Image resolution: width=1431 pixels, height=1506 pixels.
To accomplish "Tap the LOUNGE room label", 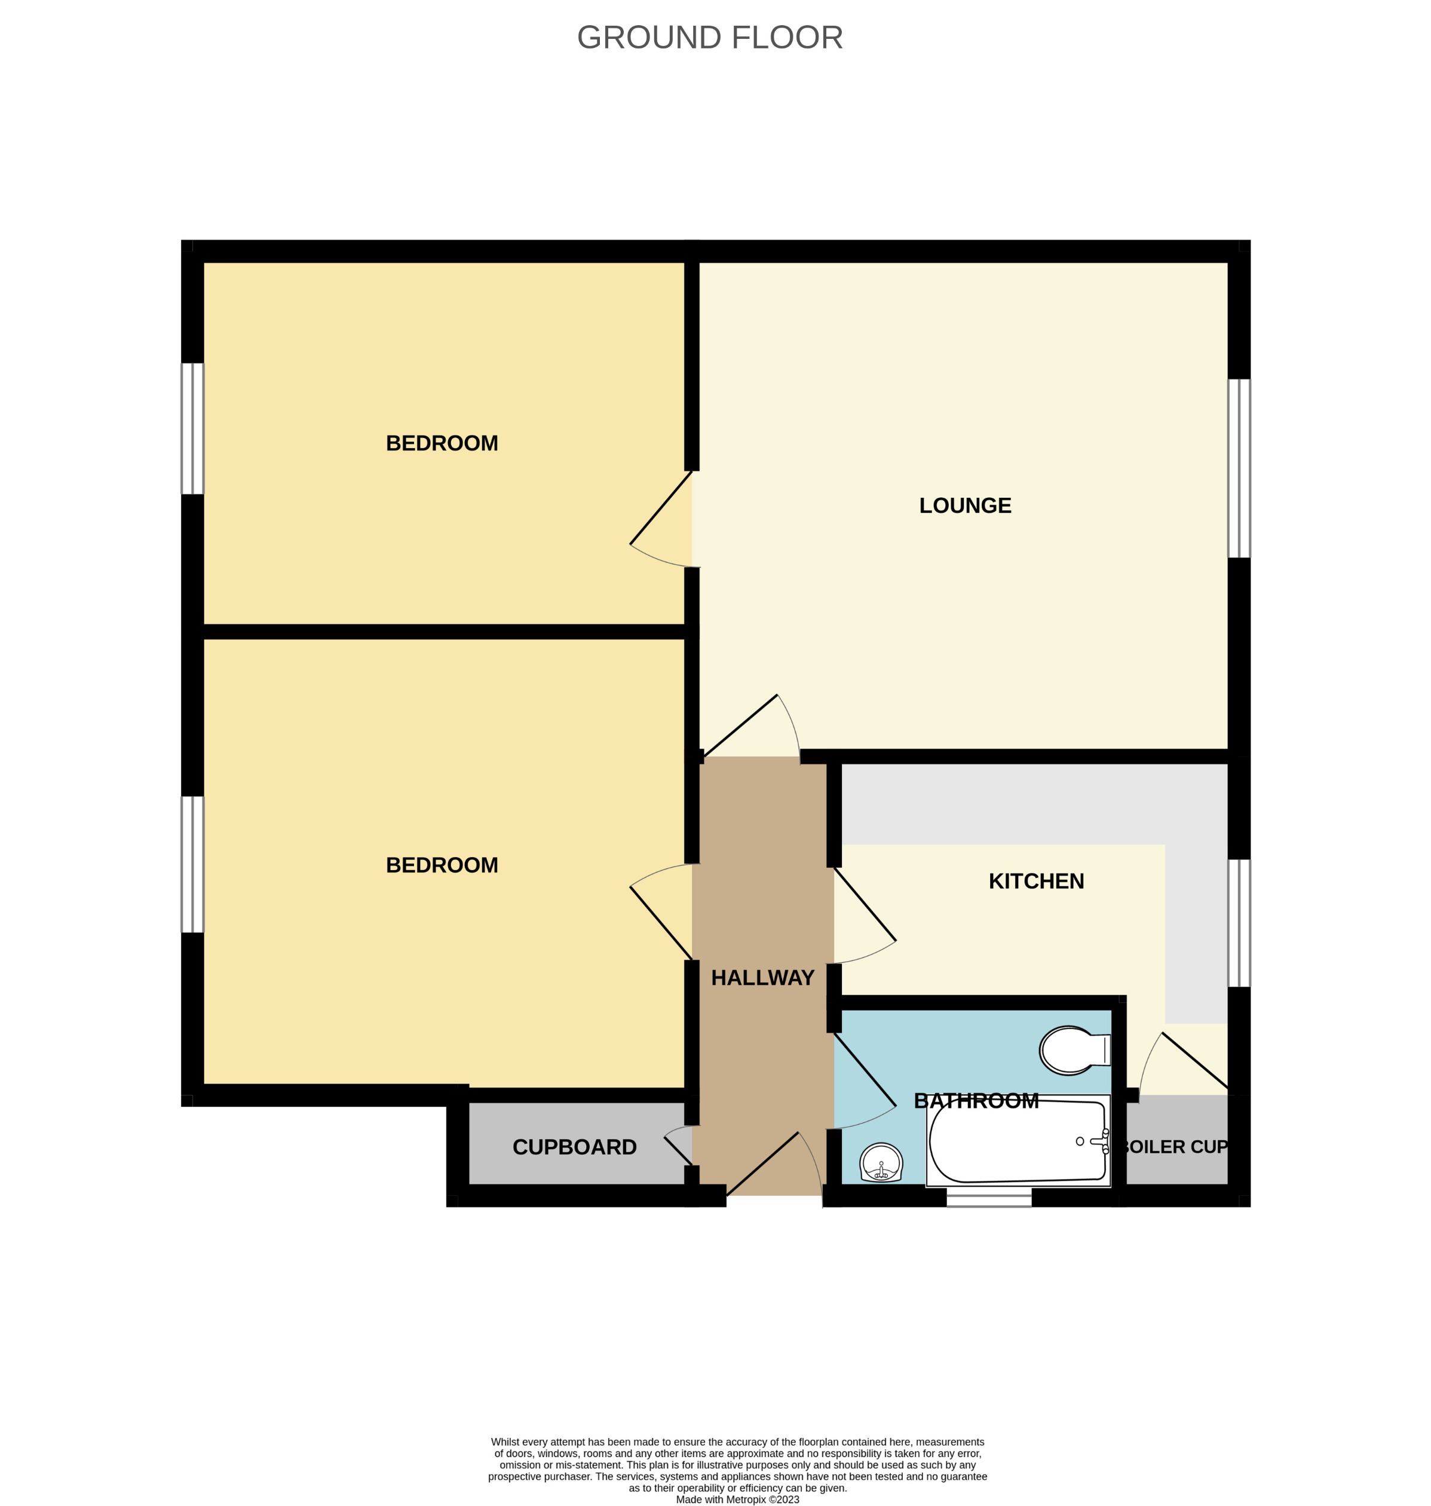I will (965, 505).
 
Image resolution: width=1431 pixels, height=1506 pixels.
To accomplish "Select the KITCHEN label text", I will (1036, 881).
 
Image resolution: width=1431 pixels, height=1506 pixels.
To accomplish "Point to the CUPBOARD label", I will (574, 1147).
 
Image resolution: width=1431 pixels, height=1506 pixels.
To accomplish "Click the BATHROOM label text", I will (976, 1101).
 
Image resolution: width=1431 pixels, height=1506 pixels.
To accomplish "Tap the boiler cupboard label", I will (1174, 1147).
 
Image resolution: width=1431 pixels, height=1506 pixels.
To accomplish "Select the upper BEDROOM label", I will (442, 443).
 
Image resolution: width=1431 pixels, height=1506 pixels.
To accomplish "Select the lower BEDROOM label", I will (442, 865).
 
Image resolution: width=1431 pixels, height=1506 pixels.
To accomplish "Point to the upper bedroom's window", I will (192, 428).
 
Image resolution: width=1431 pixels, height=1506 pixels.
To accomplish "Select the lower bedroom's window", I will (192, 864).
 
